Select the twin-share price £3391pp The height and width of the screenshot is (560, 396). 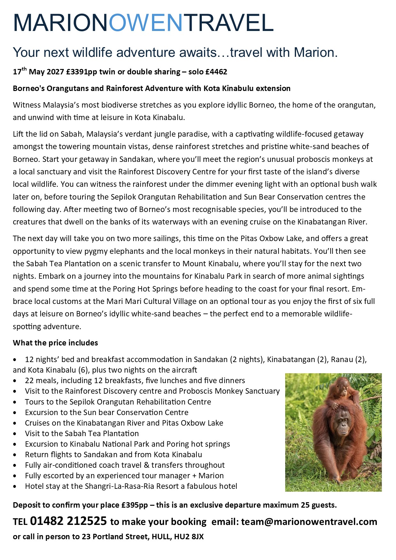click(81, 72)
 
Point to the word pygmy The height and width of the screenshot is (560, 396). click(96, 251)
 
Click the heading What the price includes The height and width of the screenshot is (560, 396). click(55, 343)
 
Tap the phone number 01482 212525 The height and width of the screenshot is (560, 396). click(68, 521)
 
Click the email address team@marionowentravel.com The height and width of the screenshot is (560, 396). click(309, 522)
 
